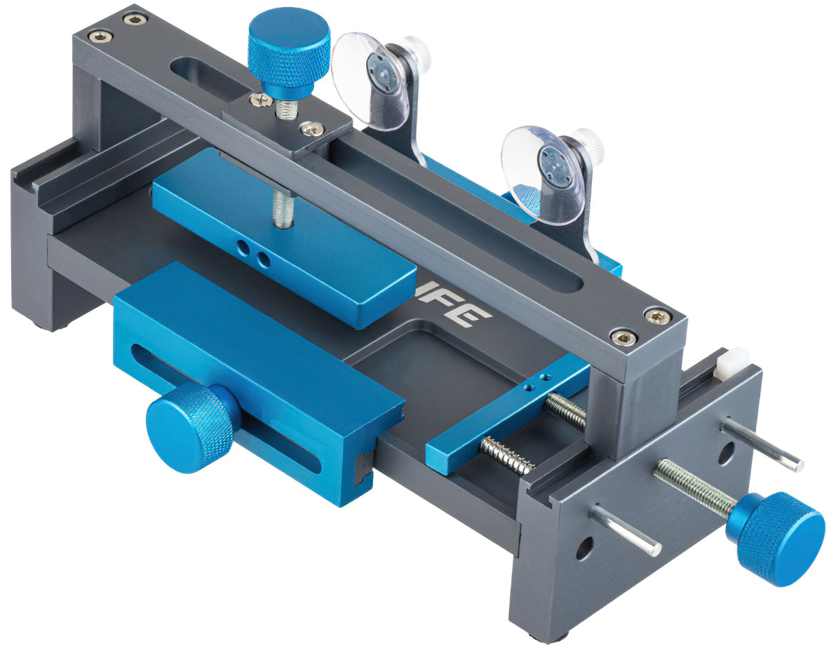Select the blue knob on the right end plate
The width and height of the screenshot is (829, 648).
pyautogui.click(x=781, y=536)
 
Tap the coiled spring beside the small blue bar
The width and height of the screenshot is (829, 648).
pyautogui.click(x=507, y=454)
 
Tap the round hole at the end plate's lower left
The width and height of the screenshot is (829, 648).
pyautogui.click(x=585, y=546)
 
